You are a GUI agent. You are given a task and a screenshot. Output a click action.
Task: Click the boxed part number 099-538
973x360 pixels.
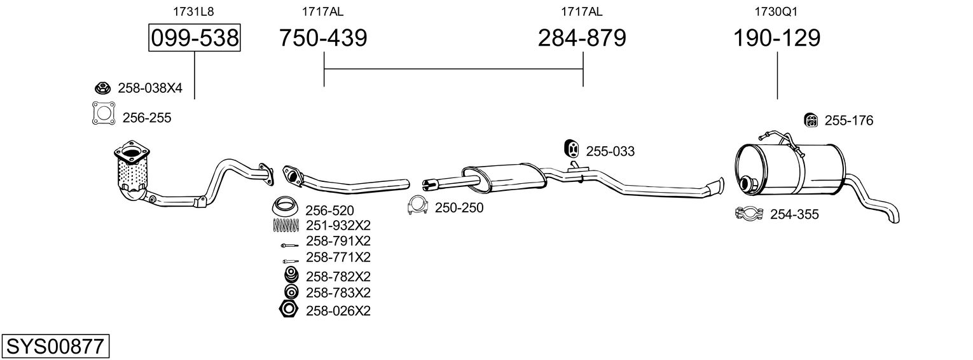(194, 38)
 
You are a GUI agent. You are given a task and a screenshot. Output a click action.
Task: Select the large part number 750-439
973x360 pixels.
(323, 38)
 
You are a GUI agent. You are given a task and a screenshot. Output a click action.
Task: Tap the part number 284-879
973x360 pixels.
(582, 38)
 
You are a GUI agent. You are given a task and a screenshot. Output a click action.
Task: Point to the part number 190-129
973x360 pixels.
(776, 38)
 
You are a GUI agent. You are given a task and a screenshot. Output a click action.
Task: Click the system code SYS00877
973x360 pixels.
(55, 346)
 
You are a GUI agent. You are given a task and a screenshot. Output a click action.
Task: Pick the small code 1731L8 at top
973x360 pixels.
(193, 11)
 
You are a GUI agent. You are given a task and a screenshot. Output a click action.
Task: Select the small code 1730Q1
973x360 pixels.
(776, 11)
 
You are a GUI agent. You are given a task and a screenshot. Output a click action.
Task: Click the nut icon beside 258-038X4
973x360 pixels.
(102, 88)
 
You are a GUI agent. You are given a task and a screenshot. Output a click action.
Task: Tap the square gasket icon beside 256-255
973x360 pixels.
(104, 114)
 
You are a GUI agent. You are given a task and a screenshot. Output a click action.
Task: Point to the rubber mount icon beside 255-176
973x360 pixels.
(811, 120)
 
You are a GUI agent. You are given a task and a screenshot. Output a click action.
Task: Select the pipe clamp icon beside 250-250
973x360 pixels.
(418, 205)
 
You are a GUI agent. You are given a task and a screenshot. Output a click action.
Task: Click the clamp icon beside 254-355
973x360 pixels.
(749, 213)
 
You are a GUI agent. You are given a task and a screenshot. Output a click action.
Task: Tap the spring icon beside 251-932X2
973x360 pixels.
(286, 225)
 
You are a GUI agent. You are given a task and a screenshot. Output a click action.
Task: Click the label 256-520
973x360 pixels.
(329, 210)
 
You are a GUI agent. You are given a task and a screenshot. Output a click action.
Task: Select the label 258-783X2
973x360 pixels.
(338, 293)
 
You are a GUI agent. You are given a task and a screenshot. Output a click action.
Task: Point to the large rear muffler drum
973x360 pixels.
(790, 169)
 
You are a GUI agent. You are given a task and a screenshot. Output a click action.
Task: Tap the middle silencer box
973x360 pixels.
(504, 177)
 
